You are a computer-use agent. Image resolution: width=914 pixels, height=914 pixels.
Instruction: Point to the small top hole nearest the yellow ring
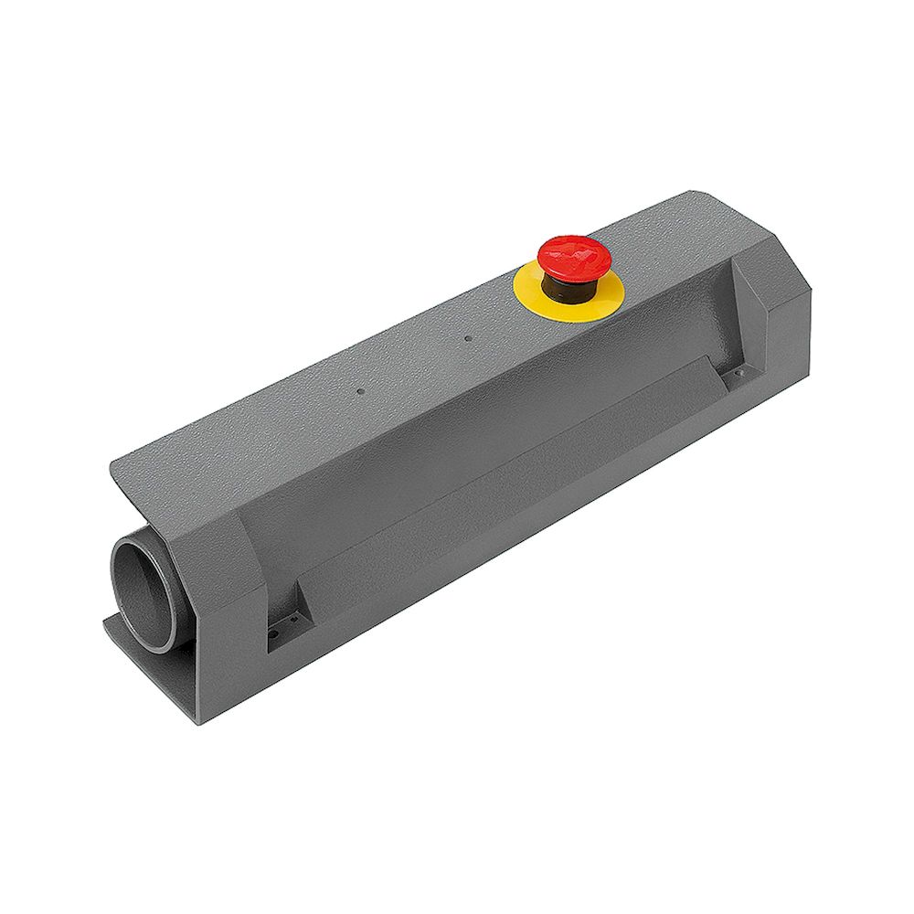point(467,339)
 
